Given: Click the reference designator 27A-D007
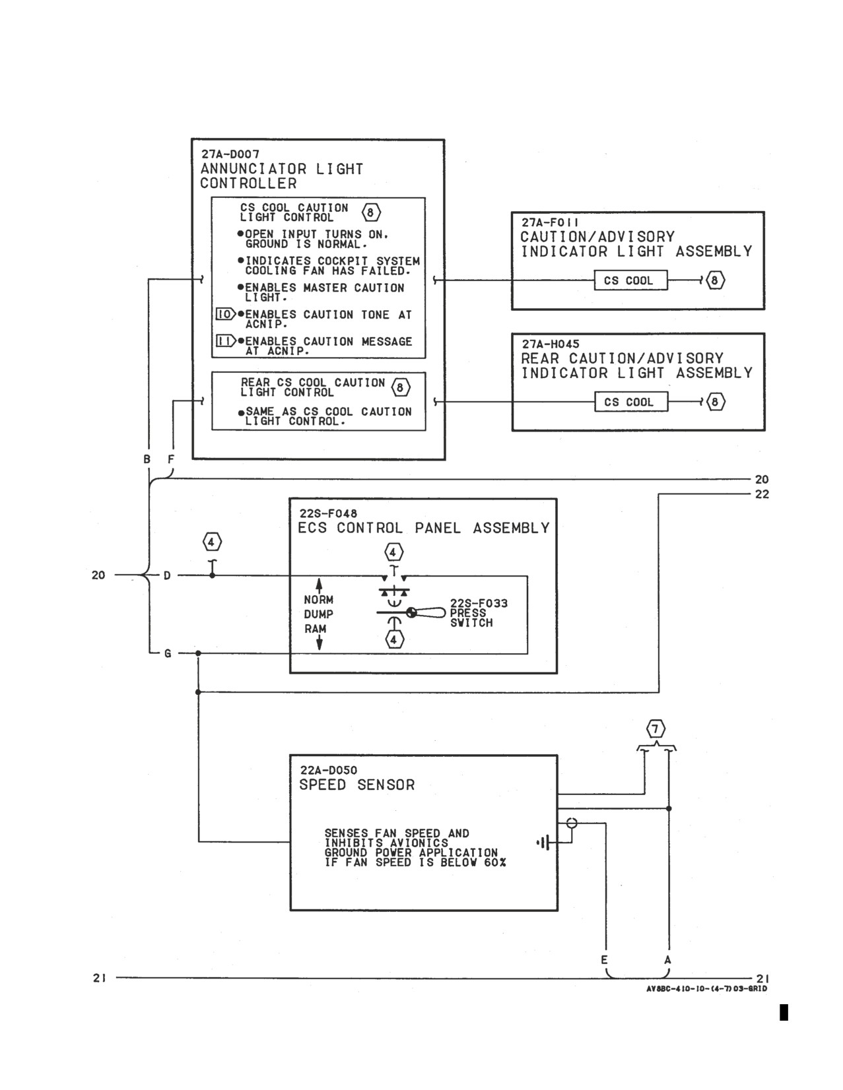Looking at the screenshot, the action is point(230,154).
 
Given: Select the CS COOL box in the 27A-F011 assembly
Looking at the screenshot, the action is point(630,280).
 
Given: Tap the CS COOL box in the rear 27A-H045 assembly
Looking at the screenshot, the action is point(631,402).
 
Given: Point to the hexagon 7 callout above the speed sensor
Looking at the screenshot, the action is point(656,728).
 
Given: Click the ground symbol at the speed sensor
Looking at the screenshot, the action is point(545,842).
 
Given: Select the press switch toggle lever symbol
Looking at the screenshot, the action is point(426,612).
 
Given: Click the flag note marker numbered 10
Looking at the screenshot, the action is point(226,314).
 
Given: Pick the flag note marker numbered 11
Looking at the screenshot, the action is point(226,340).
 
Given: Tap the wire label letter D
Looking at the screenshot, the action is point(167,575).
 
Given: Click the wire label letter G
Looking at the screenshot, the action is point(168,653).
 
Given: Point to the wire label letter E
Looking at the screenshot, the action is point(604,959).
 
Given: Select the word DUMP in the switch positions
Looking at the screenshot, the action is point(319,614).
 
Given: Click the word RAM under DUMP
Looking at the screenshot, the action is point(315,629).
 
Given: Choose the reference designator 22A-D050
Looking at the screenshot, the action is point(329,770).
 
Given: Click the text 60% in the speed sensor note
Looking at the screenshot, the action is point(495,862).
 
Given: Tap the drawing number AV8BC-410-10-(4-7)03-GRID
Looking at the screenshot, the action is point(706,988).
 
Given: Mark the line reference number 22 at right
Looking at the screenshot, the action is point(762,494).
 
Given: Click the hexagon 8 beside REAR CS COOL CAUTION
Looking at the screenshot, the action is point(400,387).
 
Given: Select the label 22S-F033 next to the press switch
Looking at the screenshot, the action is point(479,603).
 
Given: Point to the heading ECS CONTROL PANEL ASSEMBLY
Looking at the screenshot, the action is point(424,528).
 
